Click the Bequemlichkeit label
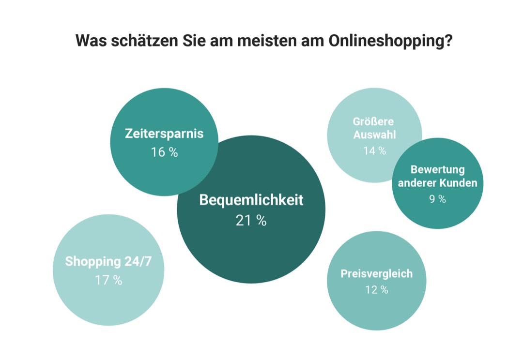(251, 200)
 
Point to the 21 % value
(251, 221)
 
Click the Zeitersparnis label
(164, 134)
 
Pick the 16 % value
(164, 152)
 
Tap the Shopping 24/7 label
(108, 261)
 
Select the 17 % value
(108, 280)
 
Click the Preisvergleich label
(376, 273)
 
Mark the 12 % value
(376, 290)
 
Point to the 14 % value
(374, 151)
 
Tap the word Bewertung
(437, 170)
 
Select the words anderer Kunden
(437, 183)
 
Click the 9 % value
(437, 199)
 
